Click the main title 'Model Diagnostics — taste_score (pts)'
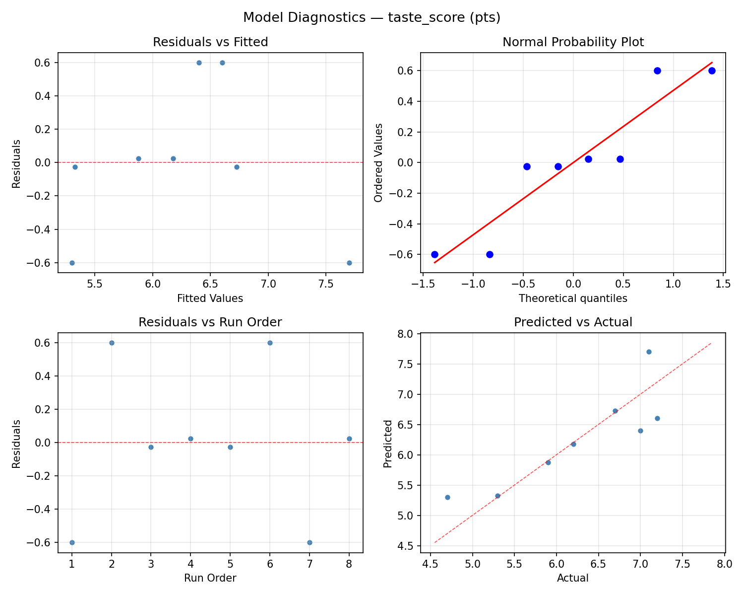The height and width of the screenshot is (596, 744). (x=372, y=17)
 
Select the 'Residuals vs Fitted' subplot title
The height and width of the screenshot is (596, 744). (x=210, y=42)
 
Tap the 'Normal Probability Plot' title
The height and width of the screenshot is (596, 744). (x=573, y=42)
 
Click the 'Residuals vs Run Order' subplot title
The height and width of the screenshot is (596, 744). (x=210, y=322)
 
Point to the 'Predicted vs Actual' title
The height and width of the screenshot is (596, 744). (x=573, y=322)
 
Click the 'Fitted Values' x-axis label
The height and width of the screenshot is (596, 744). (x=210, y=298)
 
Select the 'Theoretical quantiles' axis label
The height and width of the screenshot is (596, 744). (x=573, y=298)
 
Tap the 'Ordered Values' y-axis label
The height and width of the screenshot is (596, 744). (x=379, y=162)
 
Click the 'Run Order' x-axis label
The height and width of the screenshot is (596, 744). (x=210, y=578)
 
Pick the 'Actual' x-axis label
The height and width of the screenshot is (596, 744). (x=573, y=578)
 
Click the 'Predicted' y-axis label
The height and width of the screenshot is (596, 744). (x=388, y=444)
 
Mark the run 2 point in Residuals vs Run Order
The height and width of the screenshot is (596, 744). (x=112, y=343)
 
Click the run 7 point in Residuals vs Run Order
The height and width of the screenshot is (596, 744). (x=310, y=542)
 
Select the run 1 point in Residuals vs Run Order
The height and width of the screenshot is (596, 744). (x=72, y=542)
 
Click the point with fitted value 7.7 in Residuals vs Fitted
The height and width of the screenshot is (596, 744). (x=349, y=263)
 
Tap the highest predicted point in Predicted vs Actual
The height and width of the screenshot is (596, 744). (x=649, y=352)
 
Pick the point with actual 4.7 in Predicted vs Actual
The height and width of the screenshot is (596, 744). (x=447, y=497)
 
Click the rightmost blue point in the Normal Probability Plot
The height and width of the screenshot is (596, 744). (x=712, y=71)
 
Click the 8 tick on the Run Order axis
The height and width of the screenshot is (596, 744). (x=349, y=564)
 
